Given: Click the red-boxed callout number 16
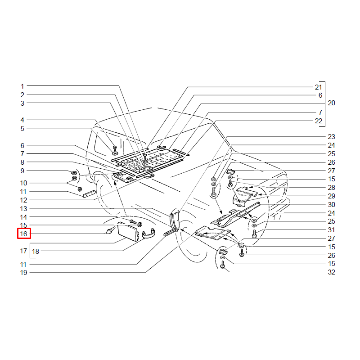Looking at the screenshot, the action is point(24,234).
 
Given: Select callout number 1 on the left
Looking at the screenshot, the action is point(22,86).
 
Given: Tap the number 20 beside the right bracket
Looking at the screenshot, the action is point(331,103).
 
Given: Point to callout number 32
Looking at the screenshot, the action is point(331,272).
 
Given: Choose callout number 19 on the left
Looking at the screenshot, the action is point(24,273).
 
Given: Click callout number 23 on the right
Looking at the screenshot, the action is point(331,137).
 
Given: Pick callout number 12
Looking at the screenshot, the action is point(24,200).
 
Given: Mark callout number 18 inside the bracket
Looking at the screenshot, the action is point(36,252).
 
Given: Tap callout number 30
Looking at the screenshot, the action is point(331,205).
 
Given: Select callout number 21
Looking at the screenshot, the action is point(319,87).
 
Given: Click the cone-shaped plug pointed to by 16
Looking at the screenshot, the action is point(110,230).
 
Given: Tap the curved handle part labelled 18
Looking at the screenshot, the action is point(148,234).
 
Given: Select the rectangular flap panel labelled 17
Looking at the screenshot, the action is point(128,231).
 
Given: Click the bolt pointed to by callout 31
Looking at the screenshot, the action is point(254,234).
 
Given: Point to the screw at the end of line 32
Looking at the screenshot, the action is point(222,266).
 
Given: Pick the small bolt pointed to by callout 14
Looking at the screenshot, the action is point(133,221).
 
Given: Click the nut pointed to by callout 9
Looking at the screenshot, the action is point(74,173).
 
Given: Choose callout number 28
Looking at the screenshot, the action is point(331,188).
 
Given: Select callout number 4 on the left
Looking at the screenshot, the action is point(22,120).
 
